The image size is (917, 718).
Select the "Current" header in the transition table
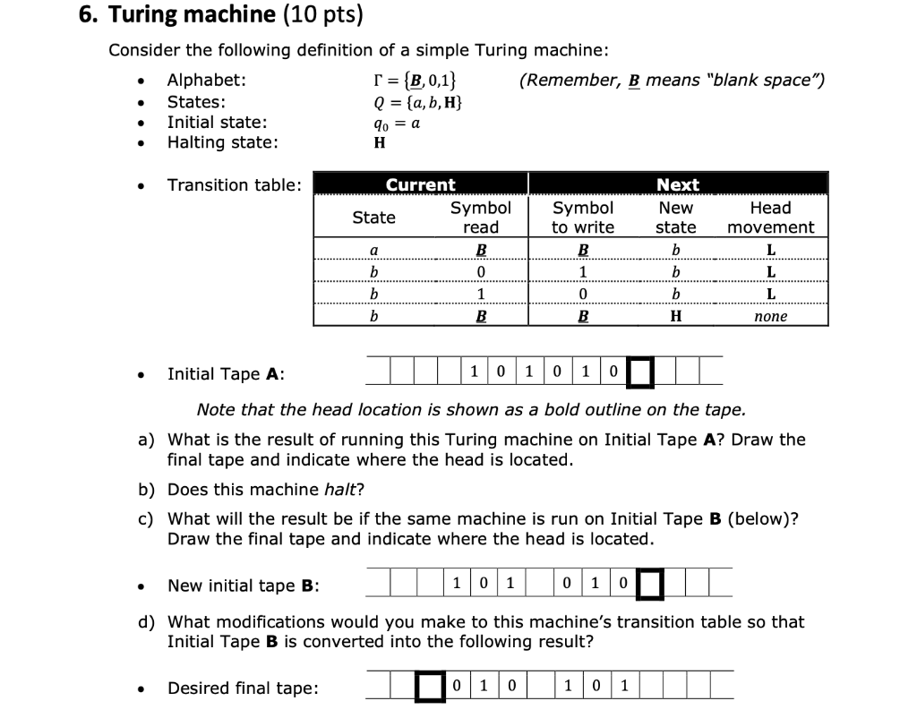[420, 184]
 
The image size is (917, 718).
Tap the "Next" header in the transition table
[678, 184]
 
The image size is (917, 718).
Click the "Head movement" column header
[770, 218]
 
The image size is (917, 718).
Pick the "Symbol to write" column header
[583, 218]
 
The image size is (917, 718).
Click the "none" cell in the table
[770, 316]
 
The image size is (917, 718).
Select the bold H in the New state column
[676, 316]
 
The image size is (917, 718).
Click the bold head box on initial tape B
[649, 584]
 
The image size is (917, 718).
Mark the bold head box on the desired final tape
[432, 687]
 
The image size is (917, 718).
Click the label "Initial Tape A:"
[226, 374]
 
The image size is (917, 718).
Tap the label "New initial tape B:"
[244, 586]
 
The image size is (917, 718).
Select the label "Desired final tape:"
[242, 688]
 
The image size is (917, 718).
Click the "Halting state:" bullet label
[222, 142]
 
